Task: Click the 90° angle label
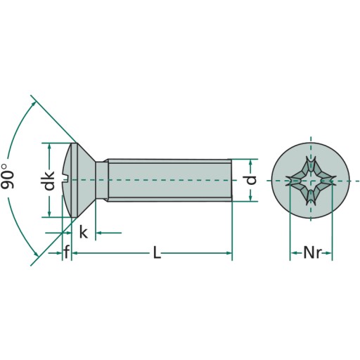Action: [8, 176]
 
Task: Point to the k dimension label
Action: [84, 232]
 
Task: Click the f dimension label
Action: [67, 252]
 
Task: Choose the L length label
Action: [157, 252]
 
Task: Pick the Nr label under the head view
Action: [312, 252]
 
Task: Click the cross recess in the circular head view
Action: [311, 181]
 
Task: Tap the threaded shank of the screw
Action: [169, 180]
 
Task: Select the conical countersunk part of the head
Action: [85, 180]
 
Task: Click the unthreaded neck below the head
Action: [102, 180]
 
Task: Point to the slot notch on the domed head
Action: [66, 180]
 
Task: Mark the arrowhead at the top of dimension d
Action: [250, 162]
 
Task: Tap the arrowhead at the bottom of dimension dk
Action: [49, 214]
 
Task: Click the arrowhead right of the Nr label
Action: [328, 253]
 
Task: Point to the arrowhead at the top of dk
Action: [49, 146]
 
